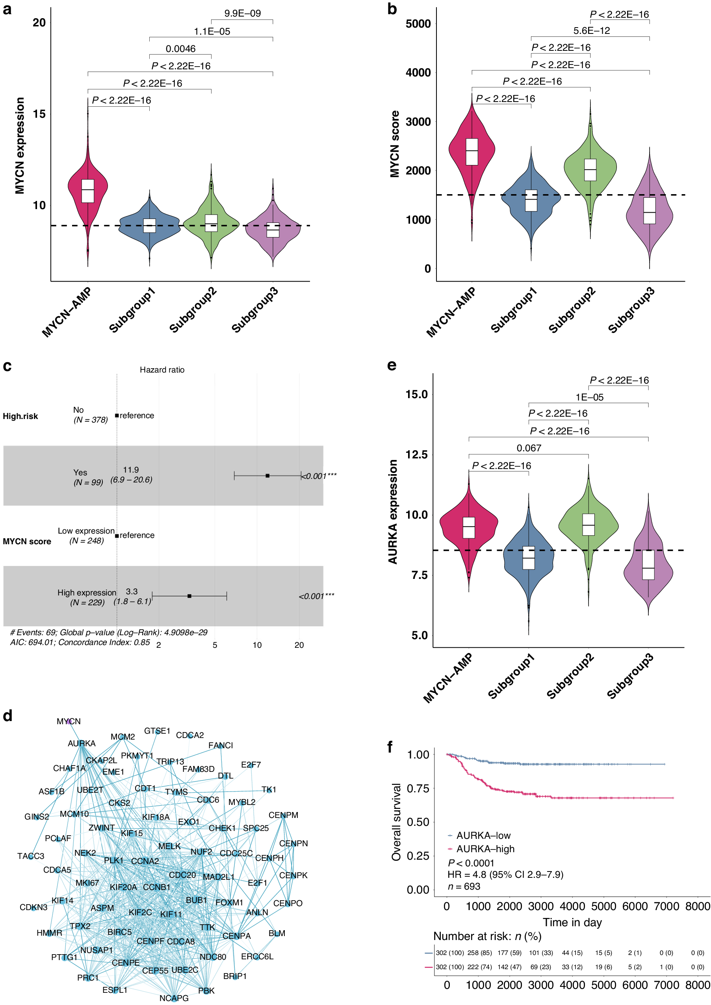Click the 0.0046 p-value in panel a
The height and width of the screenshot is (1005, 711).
180,48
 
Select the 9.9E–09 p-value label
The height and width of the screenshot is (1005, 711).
243,13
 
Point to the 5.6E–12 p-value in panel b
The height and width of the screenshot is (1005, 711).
592,31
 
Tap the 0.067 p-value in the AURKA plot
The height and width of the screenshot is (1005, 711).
529,448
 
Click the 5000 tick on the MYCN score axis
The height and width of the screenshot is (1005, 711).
418,24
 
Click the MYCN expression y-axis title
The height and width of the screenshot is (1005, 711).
20,145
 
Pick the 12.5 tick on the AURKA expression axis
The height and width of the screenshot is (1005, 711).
416,454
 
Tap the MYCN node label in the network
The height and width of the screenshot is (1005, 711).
69,721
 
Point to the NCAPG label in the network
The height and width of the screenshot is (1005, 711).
174,998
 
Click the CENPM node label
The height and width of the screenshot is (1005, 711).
283,815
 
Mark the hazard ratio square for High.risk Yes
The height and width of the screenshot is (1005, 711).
267,475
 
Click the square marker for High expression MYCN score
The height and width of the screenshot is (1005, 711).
189,596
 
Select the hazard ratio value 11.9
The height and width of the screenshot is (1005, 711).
131,470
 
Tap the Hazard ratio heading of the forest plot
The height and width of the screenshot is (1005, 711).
162,370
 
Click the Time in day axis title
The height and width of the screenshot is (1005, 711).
572,922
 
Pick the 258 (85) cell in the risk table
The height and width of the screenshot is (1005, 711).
479,953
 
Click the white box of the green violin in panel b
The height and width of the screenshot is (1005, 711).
590,169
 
